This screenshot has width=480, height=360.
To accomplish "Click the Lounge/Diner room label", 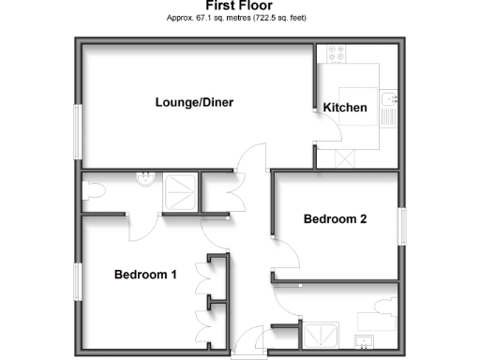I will pyautogui.click(x=194, y=102).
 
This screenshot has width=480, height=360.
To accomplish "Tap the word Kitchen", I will pyautogui.click(x=345, y=108).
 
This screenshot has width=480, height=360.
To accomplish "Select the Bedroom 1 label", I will pyautogui.click(x=145, y=275).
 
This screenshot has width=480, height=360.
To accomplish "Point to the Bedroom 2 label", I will pyautogui.click(x=335, y=219).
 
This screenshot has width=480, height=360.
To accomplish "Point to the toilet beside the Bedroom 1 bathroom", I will pyautogui.click(x=92, y=190).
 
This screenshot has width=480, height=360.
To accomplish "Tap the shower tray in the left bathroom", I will pyautogui.click(x=180, y=191).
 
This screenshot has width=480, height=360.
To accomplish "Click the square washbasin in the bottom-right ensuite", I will pyautogui.click(x=365, y=340).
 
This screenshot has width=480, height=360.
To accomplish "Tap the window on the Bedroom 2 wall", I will pyautogui.click(x=403, y=225).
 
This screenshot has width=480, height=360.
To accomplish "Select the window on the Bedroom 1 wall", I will pyautogui.click(x=78, y=279).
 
